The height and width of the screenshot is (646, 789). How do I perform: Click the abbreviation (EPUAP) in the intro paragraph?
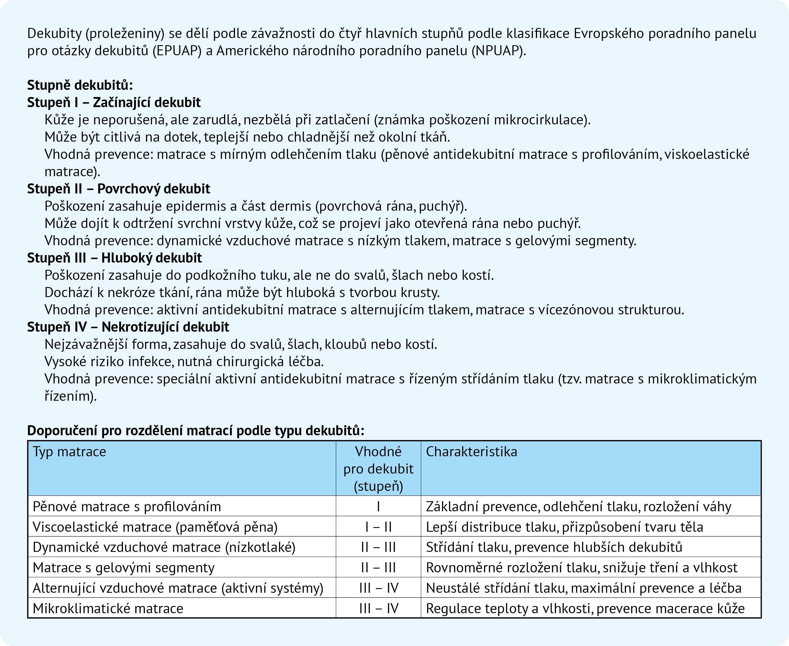pos(177,51)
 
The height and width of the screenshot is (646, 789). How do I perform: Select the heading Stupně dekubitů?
pos(80,85)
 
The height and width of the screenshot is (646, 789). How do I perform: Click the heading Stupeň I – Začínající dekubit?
pos(113,102)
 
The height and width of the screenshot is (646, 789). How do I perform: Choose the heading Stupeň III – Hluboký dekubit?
pos(114,258)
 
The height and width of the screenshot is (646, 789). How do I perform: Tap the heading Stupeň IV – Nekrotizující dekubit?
pos(128,327)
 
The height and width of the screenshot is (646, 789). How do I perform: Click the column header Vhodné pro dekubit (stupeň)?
pos(378,469)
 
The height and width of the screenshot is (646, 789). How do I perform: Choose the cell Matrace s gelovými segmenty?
pos(124,568)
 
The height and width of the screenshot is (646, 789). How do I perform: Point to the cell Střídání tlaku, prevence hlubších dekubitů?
pos(554,547)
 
